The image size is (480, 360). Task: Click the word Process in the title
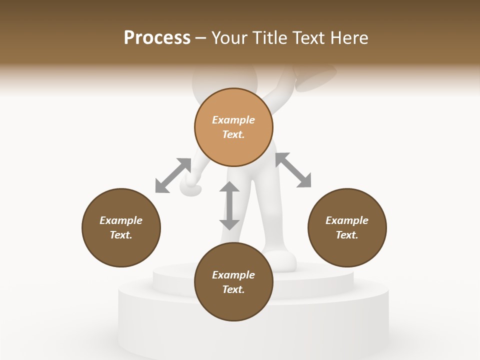click(157, 38)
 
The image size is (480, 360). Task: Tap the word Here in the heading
click(348, 38)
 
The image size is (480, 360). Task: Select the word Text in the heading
click(308, 38)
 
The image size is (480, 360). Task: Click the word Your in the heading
click(230, 38)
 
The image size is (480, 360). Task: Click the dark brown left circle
click(121, 227)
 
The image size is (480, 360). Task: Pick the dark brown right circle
click(347, 227)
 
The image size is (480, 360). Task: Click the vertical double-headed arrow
click(229, 205)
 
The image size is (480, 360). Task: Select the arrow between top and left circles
click(173, 175)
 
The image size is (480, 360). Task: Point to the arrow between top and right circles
click(293, 170)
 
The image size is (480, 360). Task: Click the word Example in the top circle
click(233, 120)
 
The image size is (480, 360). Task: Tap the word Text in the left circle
click(121, 235)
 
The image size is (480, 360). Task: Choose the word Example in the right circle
click(347, 220)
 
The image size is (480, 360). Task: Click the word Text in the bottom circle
click(233, 289)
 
